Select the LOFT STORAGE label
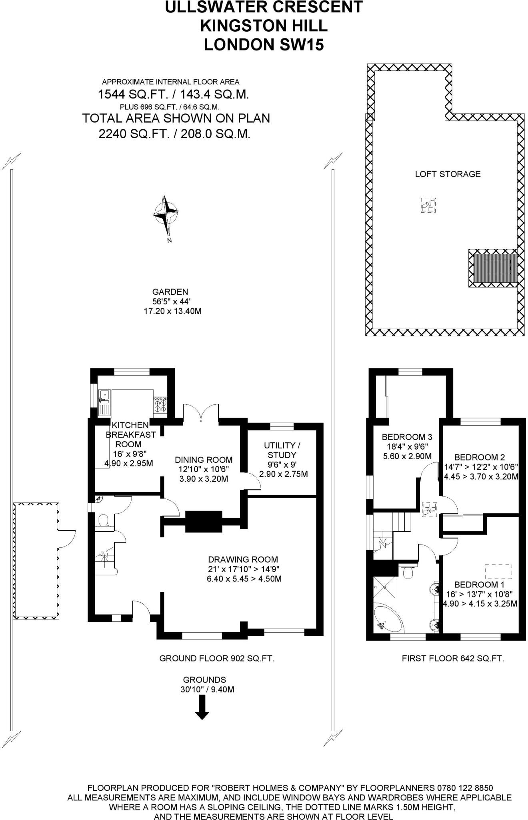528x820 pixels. coord(448,174)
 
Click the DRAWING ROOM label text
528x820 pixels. coord(243,560)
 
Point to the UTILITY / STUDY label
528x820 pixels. coord(282,450)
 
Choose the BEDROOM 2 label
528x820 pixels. coord(479,457)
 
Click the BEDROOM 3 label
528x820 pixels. coord(407,437)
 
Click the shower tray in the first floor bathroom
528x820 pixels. coord(384,587)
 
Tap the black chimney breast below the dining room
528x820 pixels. coord(204,521)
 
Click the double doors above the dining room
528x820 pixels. coord(201,412)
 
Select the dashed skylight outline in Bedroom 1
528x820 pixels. coord(498,571)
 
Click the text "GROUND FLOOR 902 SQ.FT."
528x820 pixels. coord(217,659)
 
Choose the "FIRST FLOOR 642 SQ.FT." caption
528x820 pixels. coord(453,659)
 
